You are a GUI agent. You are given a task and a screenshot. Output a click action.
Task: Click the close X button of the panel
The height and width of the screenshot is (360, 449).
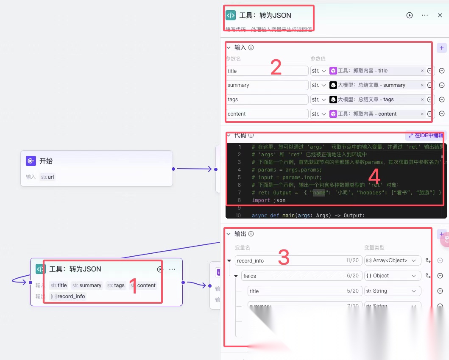tap(440, 15)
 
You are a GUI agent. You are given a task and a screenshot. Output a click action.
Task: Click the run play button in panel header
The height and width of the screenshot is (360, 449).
tap(410, 15)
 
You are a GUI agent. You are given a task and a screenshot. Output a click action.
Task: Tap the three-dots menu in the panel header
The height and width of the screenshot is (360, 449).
tap(425, 15)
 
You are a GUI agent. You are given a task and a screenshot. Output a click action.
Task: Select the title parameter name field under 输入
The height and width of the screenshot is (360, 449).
tap(267, 71)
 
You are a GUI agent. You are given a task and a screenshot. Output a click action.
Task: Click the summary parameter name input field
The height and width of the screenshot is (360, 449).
tap(267, 85)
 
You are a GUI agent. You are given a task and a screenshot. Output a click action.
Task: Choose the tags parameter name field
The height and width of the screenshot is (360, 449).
tap(267, 100)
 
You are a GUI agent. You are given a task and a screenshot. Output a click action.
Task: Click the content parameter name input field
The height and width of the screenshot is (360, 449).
tap(267, 114)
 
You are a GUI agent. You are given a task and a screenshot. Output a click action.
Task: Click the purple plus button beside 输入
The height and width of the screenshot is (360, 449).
tap(441, 48)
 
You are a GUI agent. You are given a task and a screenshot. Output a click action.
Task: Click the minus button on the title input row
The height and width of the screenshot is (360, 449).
tap(441, 71)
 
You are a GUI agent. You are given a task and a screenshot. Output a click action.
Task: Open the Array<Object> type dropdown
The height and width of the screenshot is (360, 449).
tap(393, 260)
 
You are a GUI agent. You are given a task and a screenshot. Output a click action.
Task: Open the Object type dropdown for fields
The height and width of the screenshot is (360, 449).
tap(393, 276)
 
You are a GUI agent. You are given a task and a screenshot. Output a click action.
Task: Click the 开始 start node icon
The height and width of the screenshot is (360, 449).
tap(31, 161)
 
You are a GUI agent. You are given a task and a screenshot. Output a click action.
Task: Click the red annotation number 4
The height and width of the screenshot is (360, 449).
tap(374, 177)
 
